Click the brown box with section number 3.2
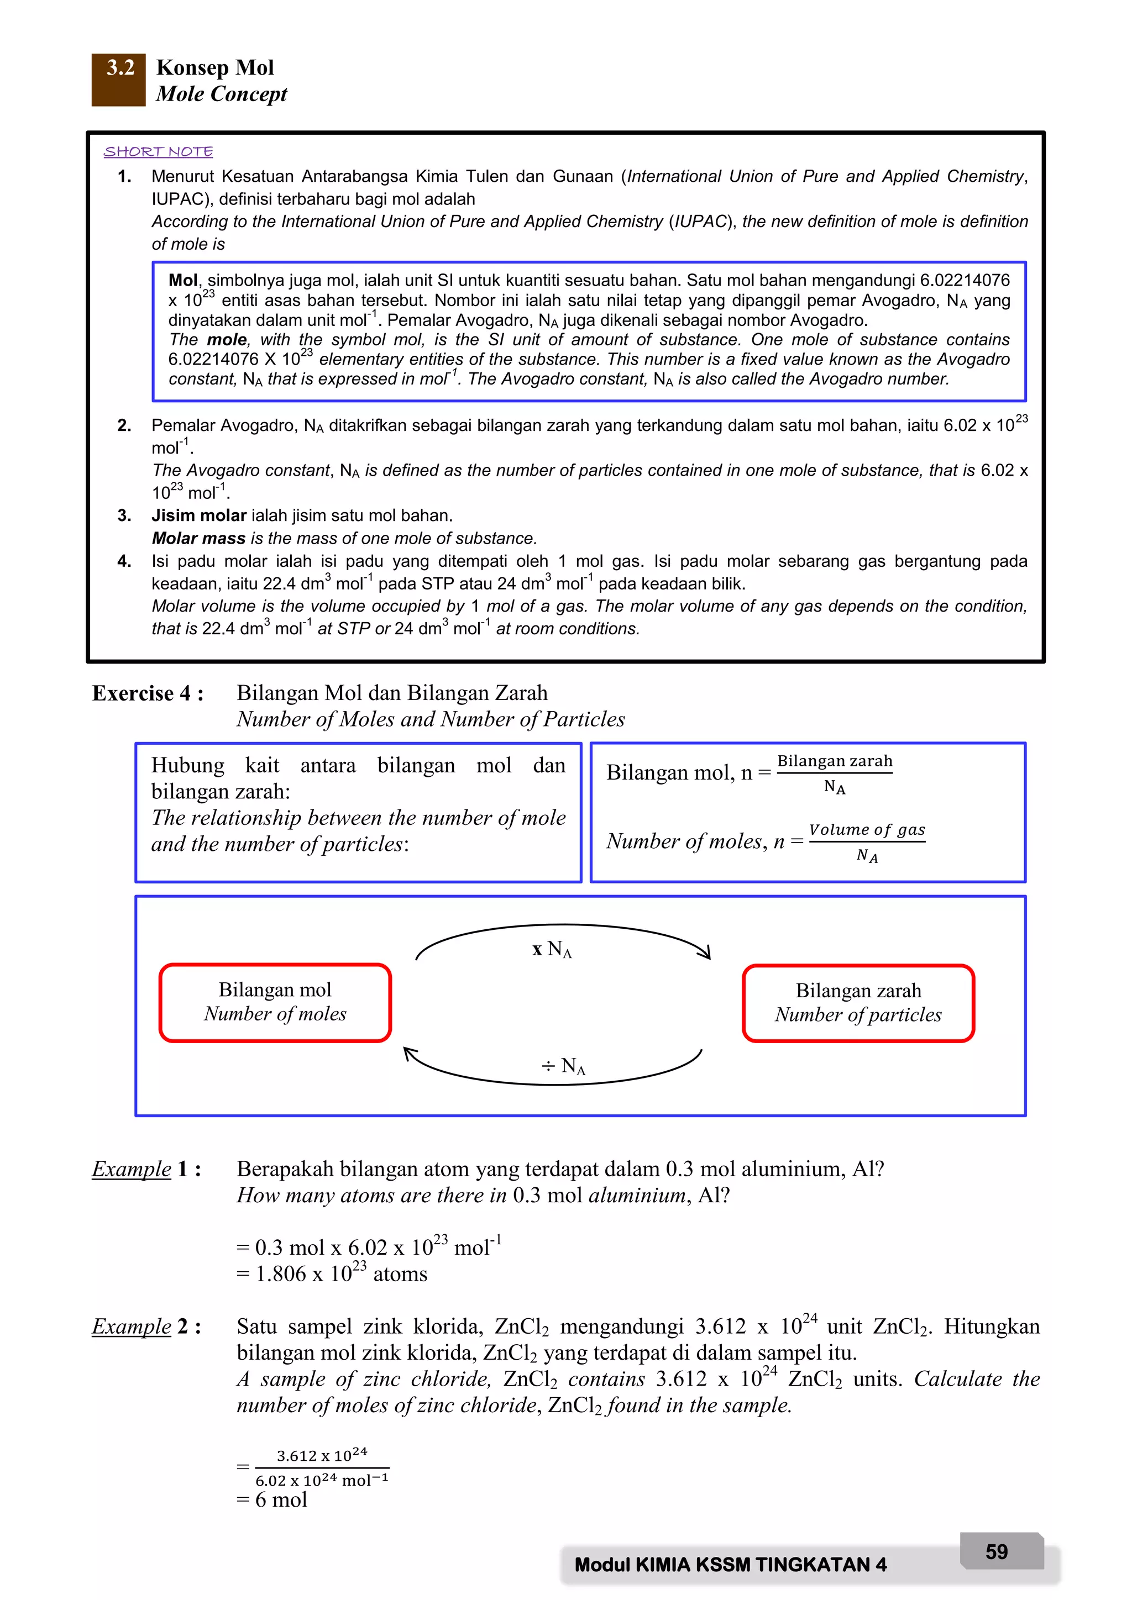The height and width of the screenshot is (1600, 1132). tap(118, 79)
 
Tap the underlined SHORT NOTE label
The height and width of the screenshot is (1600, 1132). tap(158, 151)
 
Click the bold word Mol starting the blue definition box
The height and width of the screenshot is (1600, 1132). tap(182, 280)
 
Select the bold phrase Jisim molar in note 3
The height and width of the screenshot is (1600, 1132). tap(198, 515)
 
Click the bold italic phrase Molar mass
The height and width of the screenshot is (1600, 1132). tap(198, 539)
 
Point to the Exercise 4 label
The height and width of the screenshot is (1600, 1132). tap(148, 693)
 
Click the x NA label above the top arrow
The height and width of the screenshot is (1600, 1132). tap(552, 949)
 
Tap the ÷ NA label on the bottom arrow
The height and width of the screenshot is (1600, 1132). tap(564, 1066)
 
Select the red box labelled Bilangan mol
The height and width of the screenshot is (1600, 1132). tap(275, 1003)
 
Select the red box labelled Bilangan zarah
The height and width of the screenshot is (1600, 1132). tap(858, 1003)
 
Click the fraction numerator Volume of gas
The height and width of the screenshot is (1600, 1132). tap(867, 829)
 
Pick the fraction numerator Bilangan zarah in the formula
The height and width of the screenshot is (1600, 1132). tap(835, 761)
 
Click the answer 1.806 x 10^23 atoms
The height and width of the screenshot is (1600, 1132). tap(332, 1275)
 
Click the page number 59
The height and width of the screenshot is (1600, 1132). tap(997, 1552)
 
